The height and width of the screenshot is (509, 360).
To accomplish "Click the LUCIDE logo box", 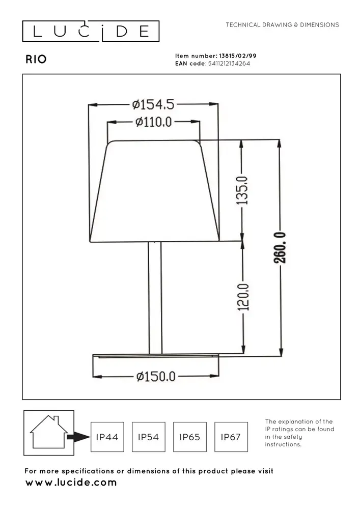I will click(91, 32).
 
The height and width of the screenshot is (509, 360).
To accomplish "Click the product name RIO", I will click(36, 59).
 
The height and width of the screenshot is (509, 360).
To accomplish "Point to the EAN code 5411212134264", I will click(229, 64).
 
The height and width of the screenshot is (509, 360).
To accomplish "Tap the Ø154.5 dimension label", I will click(153, 105).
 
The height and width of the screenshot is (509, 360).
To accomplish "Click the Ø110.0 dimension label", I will click(154, 122).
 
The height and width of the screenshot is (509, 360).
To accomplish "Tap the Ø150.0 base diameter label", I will click(156, 377).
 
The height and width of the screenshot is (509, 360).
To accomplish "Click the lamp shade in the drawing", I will click(155, 191).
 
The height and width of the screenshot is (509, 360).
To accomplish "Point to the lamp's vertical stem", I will click(155, 297).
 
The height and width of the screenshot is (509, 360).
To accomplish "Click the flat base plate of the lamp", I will click(155, 356).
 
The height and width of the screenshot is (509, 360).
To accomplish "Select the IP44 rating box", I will click(107, 437).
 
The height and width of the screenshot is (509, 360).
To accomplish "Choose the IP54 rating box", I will click(149, 437).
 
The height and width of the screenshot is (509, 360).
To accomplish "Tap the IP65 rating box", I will click(190, 437).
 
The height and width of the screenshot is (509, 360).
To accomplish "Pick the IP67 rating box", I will click(231, 437).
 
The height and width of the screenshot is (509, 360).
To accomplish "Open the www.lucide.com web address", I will click(71, 483).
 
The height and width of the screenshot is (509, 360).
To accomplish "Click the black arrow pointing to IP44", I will click(79, 437).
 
